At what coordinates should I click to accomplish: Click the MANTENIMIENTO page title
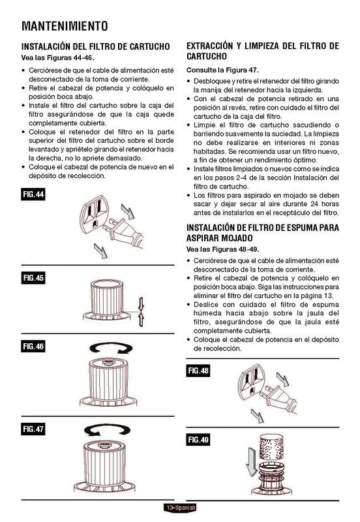[65, 26]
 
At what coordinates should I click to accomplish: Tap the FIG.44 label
[33, 194]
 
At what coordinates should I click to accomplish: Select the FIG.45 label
[33, 278]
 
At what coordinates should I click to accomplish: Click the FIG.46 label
[33, 346]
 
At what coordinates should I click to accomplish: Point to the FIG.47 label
[33, 429]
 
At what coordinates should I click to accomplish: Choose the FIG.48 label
[198, 371]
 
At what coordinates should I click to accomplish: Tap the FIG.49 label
[198, 439]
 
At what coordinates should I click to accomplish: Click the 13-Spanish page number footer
[179, 508]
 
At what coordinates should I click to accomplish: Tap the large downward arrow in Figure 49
[252, 462]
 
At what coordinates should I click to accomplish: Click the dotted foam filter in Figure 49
[271, 448]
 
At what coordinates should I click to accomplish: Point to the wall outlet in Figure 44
[94, 215]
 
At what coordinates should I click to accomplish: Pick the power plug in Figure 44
[124, 234]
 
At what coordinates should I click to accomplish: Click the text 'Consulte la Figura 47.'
[222, 70]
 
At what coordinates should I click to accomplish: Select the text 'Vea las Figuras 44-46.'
[58, 57]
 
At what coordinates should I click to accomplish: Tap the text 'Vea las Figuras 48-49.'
[223, 249]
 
